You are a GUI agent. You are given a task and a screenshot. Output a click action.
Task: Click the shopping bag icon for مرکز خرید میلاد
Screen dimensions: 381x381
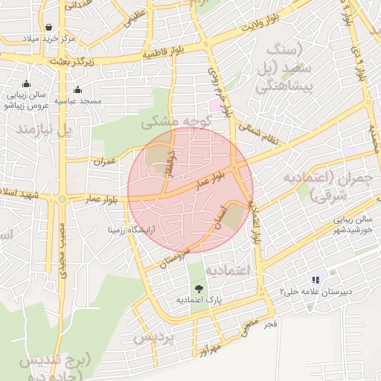click(x=49, y=27)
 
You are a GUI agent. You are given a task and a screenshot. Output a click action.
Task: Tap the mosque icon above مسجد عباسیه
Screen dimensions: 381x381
click(x=77, y=90)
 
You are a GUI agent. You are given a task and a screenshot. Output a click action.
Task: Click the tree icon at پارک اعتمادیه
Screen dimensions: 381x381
click(x=199, y=288)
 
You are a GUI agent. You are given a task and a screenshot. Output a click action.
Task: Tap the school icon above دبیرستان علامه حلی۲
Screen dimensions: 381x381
click(x=316, y=280)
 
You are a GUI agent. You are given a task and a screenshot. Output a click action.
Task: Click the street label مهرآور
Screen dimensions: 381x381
click(x=209, y=347)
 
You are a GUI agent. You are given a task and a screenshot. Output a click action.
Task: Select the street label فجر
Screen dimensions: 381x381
click(x=269, y=324)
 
